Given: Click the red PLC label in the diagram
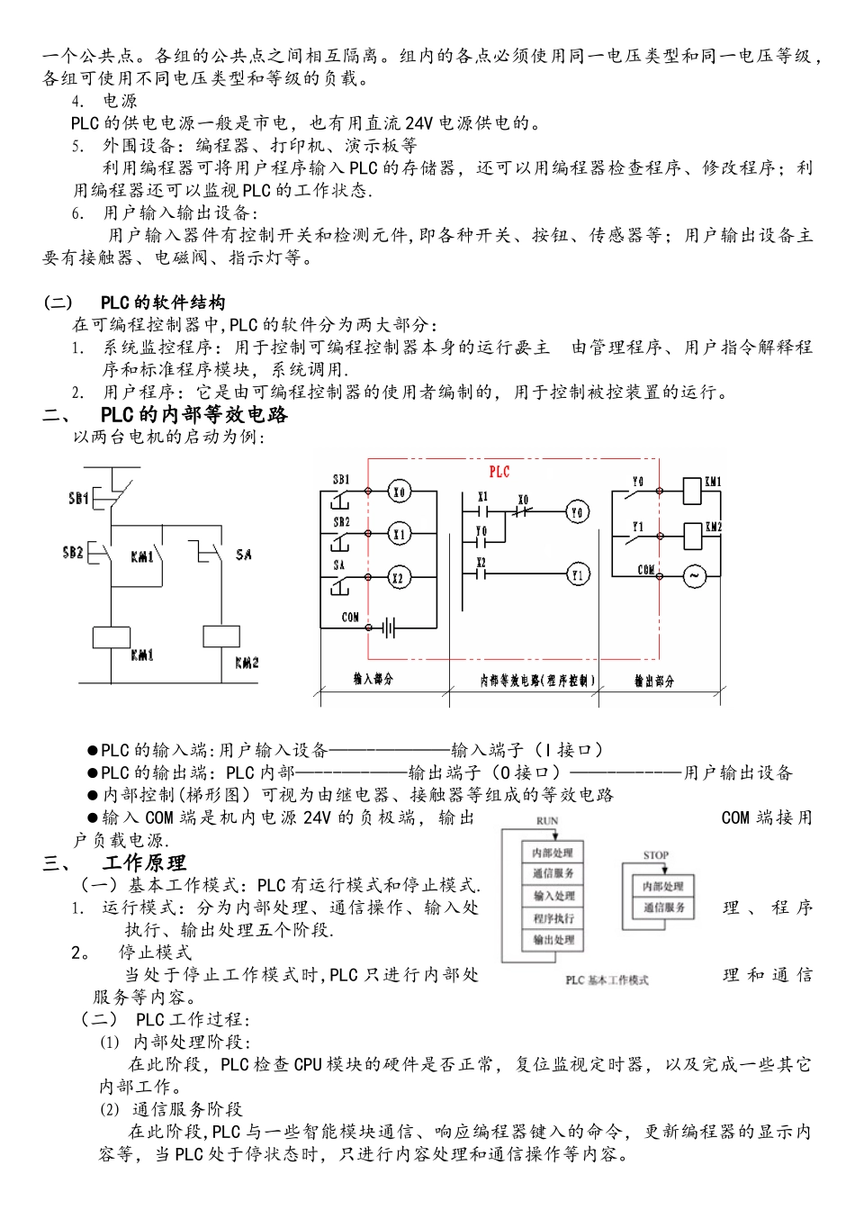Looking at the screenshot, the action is click(x=499, y=472).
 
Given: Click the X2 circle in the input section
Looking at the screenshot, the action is click(x=399, y=578).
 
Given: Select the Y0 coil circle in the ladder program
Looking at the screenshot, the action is click(x=577, y=512).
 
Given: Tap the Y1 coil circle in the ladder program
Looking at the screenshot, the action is click(x=577, y=574).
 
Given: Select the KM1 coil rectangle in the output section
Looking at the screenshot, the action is click(x=693, y=492).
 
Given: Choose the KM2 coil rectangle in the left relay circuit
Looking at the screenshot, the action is click(x=220, y=636).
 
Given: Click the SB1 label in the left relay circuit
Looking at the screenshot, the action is click(x=78, y=497).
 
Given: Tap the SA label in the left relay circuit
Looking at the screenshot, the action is click(x=243, y=555).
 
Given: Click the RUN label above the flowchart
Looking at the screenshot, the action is click(x=547, y=821).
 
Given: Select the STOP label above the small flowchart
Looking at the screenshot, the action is click(x=656, y=855).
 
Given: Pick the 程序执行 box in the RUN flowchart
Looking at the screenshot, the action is click(x=553, y=918).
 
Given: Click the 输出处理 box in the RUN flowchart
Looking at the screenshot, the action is click(x=553, y=940).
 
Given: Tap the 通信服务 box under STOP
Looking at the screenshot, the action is click(x=664, y=908).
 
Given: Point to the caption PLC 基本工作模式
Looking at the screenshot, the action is click(x=607, y=980).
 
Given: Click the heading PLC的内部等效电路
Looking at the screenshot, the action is click(x=194, y=415).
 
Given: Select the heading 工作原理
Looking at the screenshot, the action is click(x=144, y=862).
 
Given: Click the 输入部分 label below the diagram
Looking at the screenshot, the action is click(x=373, y=680).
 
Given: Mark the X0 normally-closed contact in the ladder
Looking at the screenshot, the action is click(x=523, y=512).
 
